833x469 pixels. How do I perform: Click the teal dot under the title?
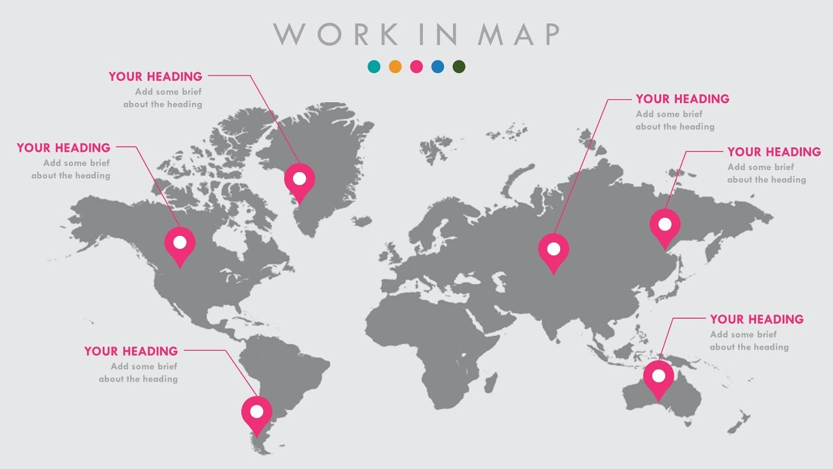point(374,66)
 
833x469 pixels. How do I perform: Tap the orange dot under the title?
point(395,66)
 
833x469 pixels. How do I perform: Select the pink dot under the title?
point(416,66)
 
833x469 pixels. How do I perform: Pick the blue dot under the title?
point(438,66)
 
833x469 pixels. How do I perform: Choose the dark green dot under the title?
point(459,66)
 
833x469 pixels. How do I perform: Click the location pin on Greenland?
point(299,179)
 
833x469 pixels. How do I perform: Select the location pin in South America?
point(257,412)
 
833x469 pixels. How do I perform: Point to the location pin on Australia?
point(659,377)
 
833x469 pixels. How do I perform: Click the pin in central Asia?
point(554,249)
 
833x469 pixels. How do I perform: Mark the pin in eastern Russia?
point(664,225)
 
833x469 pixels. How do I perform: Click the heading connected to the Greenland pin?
point(156,77)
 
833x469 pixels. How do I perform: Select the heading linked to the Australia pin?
point(757,319)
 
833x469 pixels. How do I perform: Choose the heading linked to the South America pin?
point(131,351)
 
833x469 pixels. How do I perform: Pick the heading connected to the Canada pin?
point(64,148)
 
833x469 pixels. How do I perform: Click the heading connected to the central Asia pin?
point(683,99)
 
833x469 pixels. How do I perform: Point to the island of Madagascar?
point(491,382)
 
